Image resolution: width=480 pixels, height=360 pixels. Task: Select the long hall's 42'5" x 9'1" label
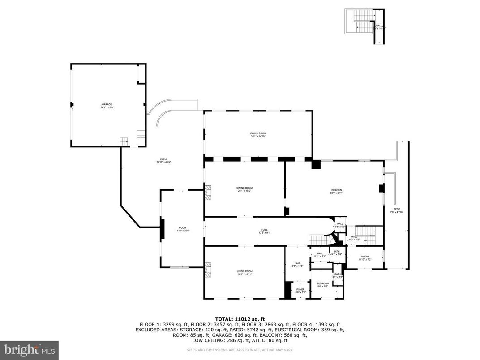point(265,231)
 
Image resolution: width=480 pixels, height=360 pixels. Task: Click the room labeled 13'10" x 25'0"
point(182,229)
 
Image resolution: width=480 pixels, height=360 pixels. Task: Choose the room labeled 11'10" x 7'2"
point(365,258)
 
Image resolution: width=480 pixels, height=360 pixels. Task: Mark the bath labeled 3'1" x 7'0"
point(338,275)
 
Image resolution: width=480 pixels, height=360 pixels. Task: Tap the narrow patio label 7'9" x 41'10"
point(397,210)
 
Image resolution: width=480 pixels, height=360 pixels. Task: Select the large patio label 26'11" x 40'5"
point(164,160)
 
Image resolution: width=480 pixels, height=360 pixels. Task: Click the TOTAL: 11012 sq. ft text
point(240,319)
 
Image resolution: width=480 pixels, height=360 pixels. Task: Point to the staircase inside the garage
point(141,134)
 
